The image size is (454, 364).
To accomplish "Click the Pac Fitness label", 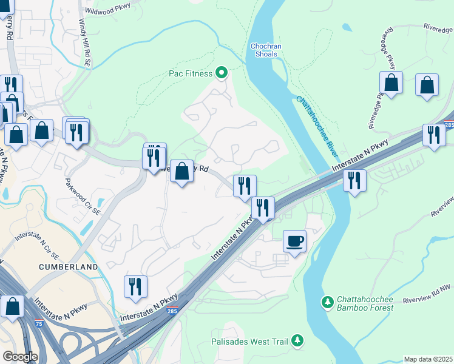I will tap(190, 74).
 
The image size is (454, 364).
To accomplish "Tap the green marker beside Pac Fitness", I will tap(222, 73).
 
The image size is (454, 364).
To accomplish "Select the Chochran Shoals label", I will tap(264, 50).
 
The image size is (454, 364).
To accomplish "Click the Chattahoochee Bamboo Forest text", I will tap(364, 303).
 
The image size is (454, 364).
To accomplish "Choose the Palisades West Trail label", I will tap(249, 342).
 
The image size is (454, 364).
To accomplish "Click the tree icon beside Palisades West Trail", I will tap(297, 341).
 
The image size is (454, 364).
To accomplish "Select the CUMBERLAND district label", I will tap(69, 267).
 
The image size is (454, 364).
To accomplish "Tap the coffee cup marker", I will tap(295, 241).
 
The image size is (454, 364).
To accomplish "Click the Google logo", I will tap(20, 357).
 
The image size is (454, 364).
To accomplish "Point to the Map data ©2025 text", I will tap(428, 359).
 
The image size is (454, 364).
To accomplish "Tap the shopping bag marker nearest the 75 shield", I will tap(12, 308).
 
